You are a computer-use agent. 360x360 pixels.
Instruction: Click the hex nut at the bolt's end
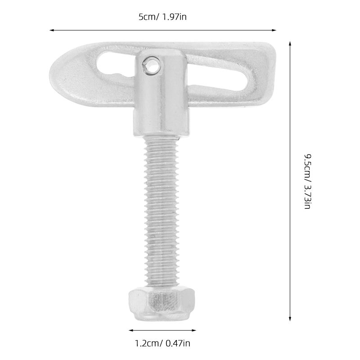[x=162, y=304]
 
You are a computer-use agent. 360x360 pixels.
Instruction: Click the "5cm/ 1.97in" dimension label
[x=162, y=17]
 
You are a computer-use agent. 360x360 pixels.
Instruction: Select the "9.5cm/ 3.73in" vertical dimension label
[x=307, y=181]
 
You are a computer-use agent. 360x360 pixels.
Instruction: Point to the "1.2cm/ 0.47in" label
[x=162, y=343]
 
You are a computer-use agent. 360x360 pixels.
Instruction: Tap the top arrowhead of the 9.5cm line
[x=290, y=44]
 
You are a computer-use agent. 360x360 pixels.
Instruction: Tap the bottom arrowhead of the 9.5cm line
[x=290, y=319]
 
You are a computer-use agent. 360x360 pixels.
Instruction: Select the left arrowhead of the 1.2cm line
[x=131, y=330]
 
